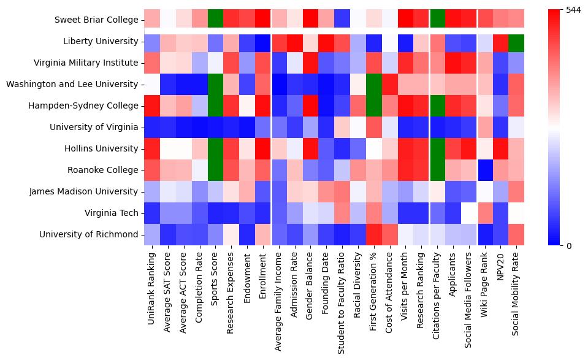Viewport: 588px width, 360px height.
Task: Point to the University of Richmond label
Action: (89, 234)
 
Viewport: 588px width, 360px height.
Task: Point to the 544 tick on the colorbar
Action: (573, 10)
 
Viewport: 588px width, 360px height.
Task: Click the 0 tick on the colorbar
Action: (568, 245)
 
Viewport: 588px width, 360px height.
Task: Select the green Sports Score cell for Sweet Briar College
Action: (215, 20)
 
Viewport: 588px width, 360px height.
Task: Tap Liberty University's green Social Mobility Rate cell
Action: (518, 41)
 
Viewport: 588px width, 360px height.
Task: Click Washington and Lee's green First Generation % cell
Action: (375, 84)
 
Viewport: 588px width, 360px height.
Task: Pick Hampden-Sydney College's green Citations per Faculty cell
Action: (438, 105)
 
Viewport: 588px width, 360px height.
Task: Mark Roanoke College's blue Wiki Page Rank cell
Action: (486, 170)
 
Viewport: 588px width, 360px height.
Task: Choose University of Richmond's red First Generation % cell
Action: (375, 234)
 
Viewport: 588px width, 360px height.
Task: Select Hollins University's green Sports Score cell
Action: (215, 148)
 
